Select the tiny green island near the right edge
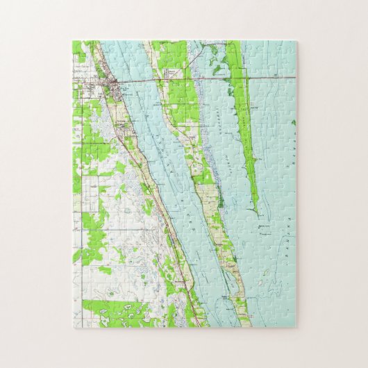[x=294, y=123]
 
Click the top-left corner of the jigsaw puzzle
[x=72, y=41]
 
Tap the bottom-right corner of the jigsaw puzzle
[x=296, y=327]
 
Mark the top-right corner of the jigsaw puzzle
[x=296, y=41]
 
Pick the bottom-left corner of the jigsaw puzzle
[x=72, y=327]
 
